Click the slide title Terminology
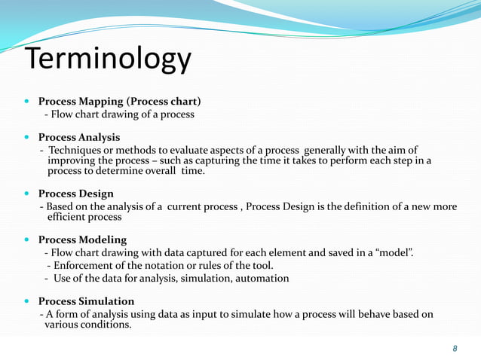(x=109, y=61)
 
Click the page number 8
(x=455, y=348)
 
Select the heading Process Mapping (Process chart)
(x=119, y=101)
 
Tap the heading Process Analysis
(x=79, y=137)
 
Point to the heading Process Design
(x=76, y=193)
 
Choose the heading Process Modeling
(x=82, y=239)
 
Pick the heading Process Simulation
(x=86, y=301)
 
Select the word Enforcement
(x=84, y=265)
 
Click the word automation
(x=261, y=278)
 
